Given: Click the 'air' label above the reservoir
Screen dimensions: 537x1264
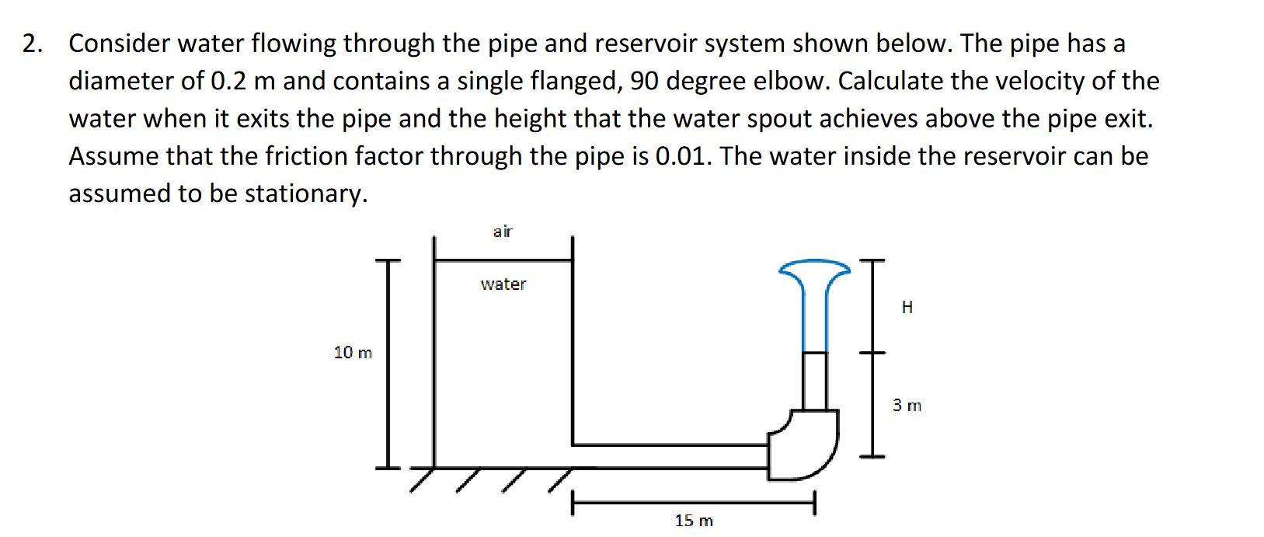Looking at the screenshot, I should click(x=503, y=232).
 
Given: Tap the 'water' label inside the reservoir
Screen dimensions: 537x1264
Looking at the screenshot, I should click(x=503, y=284).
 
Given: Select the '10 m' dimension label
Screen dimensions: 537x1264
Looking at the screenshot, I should click(x=353, y=353).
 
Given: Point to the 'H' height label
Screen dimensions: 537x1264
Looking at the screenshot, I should click(x=907, y=308).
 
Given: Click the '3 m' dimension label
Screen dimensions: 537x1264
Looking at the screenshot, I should click(x=907, y=406).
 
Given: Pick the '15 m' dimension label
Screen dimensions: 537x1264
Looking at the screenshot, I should click(x=693, y=521).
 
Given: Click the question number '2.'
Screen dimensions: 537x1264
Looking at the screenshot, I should click(x=32, y=44).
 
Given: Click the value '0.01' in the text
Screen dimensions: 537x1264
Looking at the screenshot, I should click(x=684, y=156).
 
